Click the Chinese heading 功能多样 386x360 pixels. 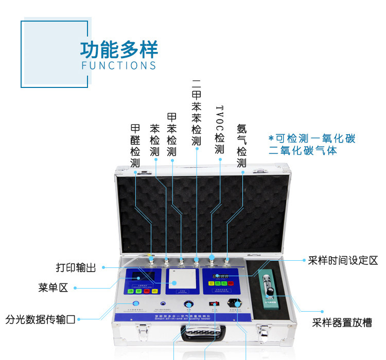119,49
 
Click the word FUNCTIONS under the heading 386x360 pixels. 119,65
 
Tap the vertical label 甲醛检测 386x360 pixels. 135,146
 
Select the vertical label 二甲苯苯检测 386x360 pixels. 196,112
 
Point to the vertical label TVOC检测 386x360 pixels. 220,130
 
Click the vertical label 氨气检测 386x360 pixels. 242,146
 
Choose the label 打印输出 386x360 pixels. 76,267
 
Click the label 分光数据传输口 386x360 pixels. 41,319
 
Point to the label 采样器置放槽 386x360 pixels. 342,323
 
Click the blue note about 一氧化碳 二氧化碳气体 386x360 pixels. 312,145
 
